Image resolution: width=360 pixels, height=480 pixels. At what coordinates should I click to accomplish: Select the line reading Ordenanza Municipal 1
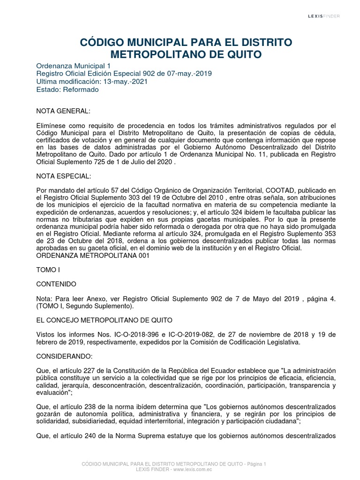(71, 66)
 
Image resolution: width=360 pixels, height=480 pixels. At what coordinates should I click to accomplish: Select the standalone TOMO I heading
(48, 270)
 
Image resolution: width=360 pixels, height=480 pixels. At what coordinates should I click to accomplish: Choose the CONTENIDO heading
(55, 284)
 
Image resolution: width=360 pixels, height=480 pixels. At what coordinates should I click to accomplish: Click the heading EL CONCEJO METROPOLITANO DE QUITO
(104, 320)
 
